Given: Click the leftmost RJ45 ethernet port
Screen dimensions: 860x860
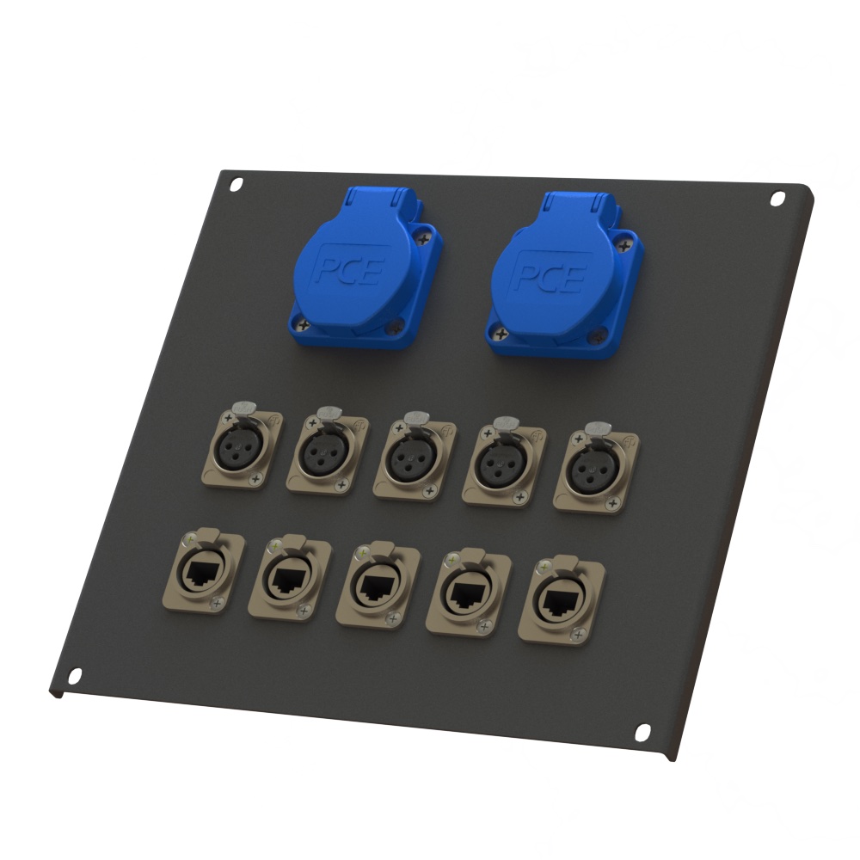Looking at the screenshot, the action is [x=205, y=570].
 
